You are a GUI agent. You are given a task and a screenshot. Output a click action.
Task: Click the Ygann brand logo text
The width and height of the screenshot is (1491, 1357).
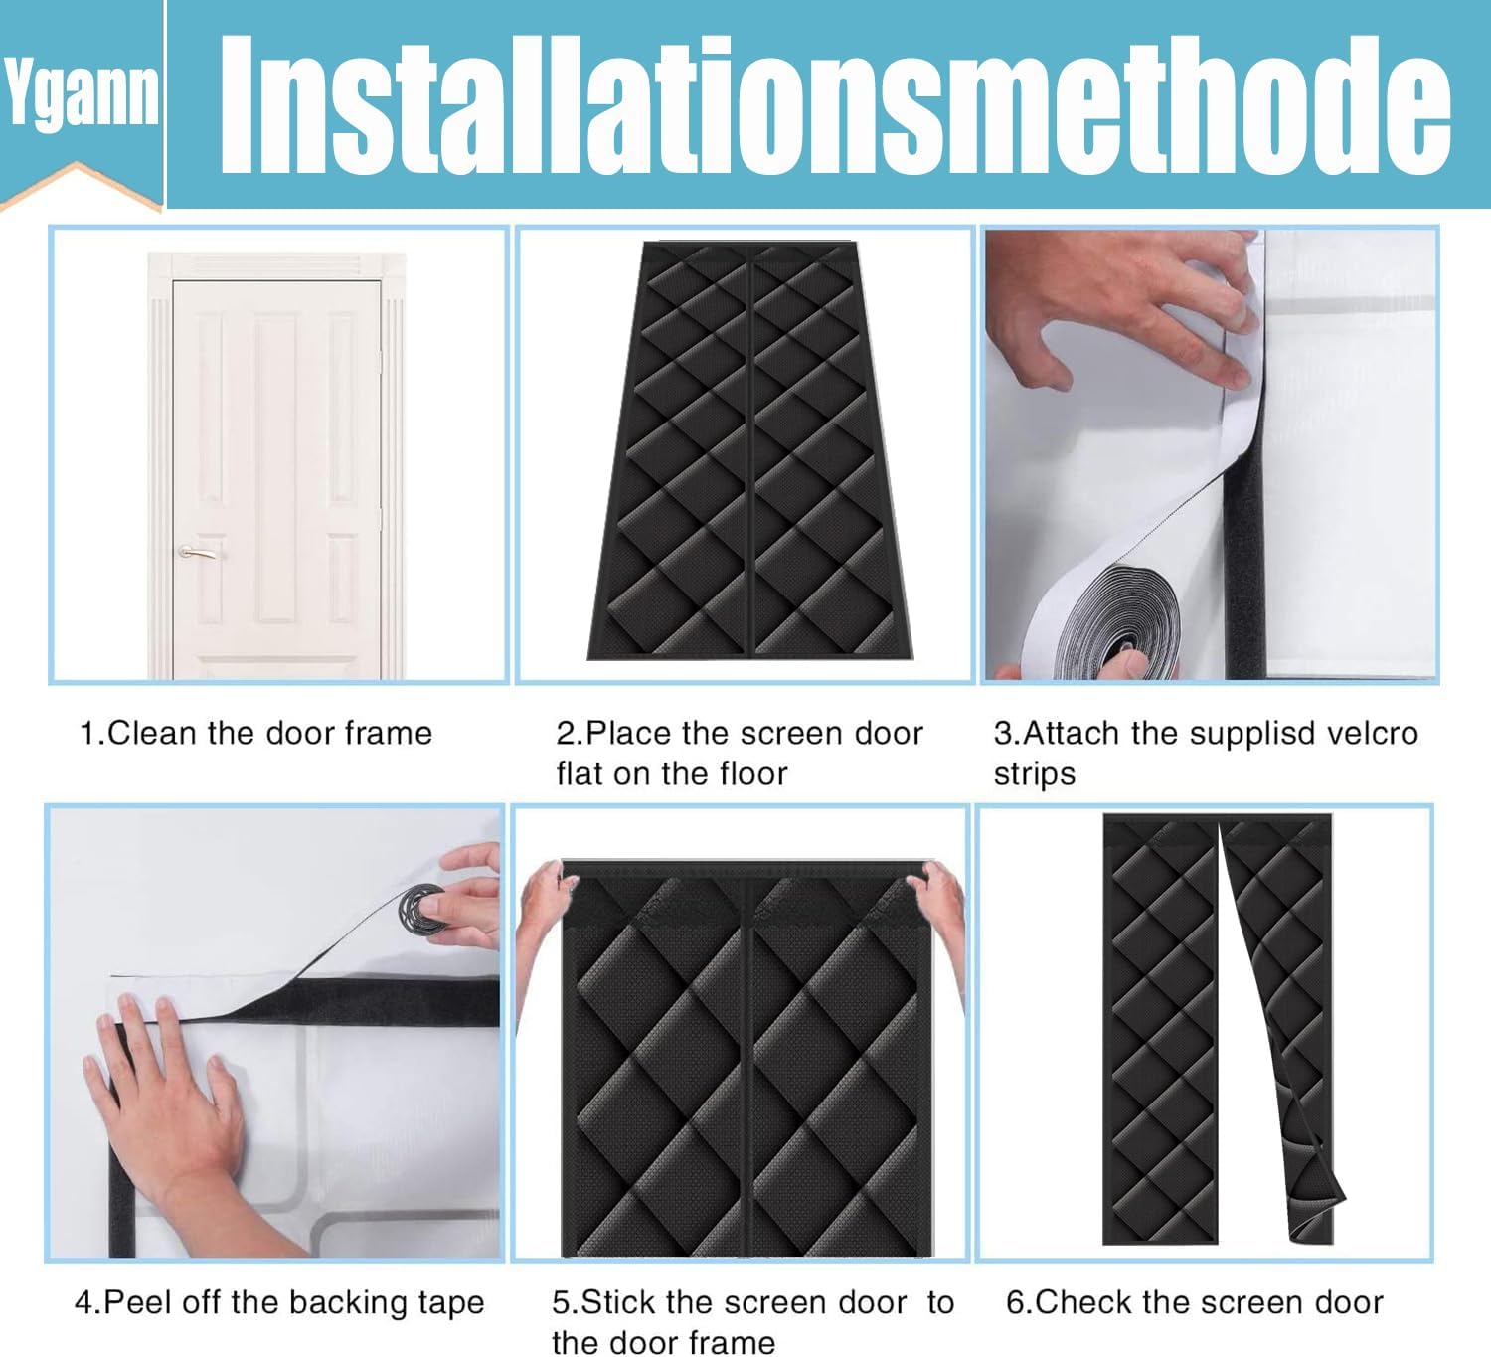click(82, 93)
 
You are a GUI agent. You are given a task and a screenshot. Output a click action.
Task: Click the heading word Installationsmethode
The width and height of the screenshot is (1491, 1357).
click(835, 104)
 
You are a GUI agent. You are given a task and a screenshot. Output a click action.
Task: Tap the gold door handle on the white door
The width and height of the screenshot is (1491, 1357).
click(198, 552)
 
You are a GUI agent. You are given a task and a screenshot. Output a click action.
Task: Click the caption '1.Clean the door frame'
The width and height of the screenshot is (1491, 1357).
click(255, 733)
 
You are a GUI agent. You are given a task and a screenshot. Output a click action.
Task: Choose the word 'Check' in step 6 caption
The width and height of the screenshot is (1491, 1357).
click(1077, 1302)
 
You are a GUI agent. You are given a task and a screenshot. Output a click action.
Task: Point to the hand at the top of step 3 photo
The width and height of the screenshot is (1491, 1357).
click(1122, 305)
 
